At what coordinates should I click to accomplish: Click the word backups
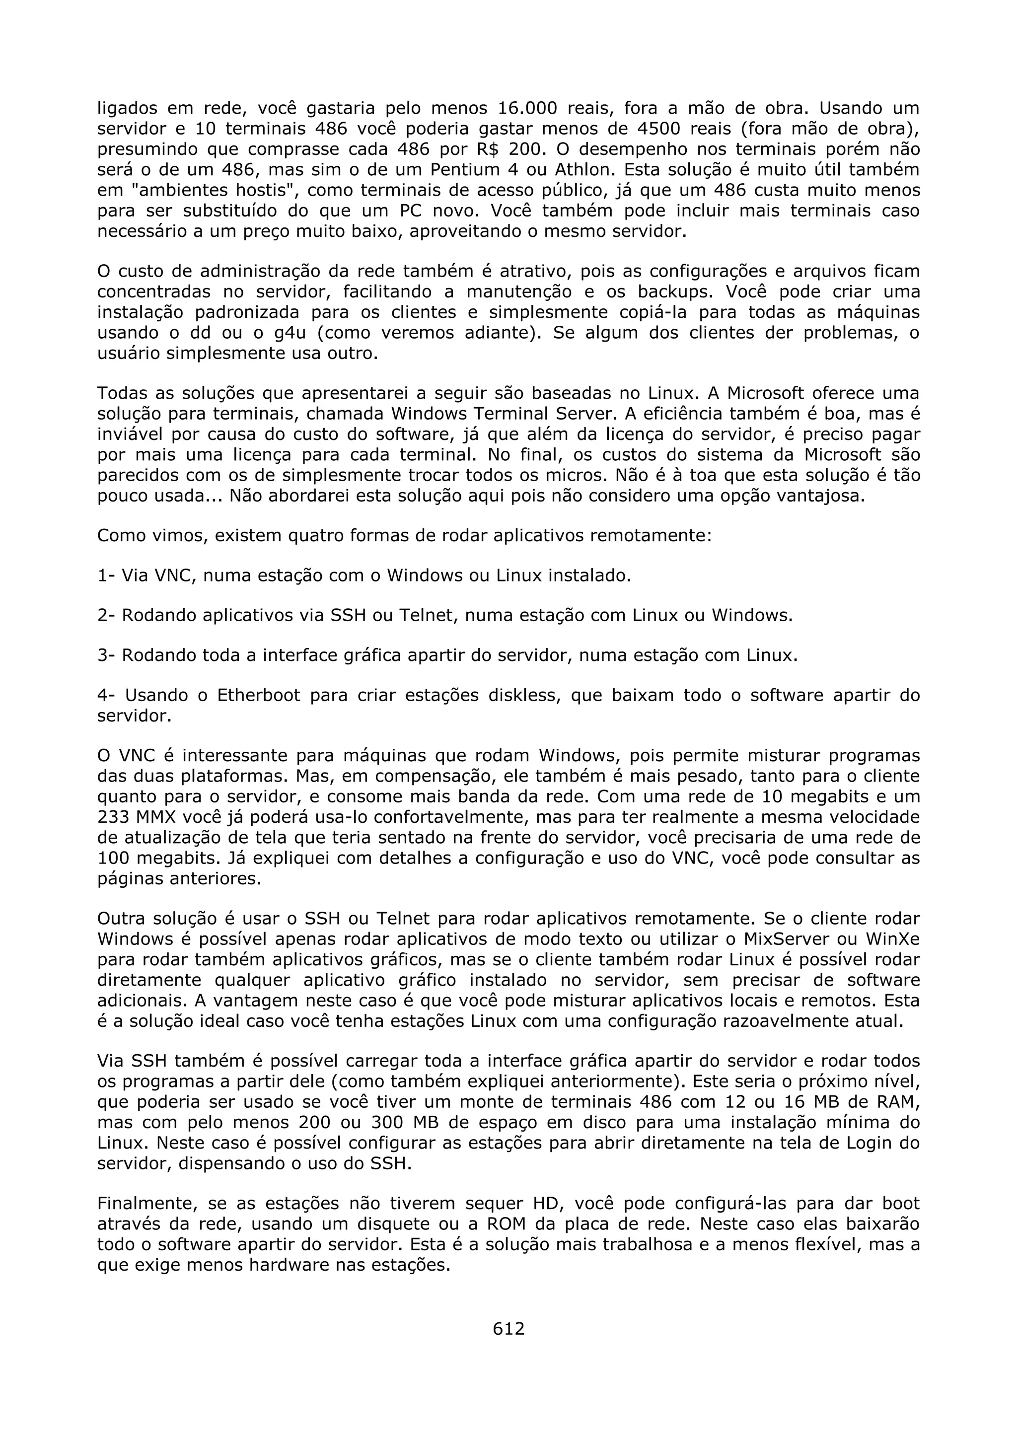(677, 292)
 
